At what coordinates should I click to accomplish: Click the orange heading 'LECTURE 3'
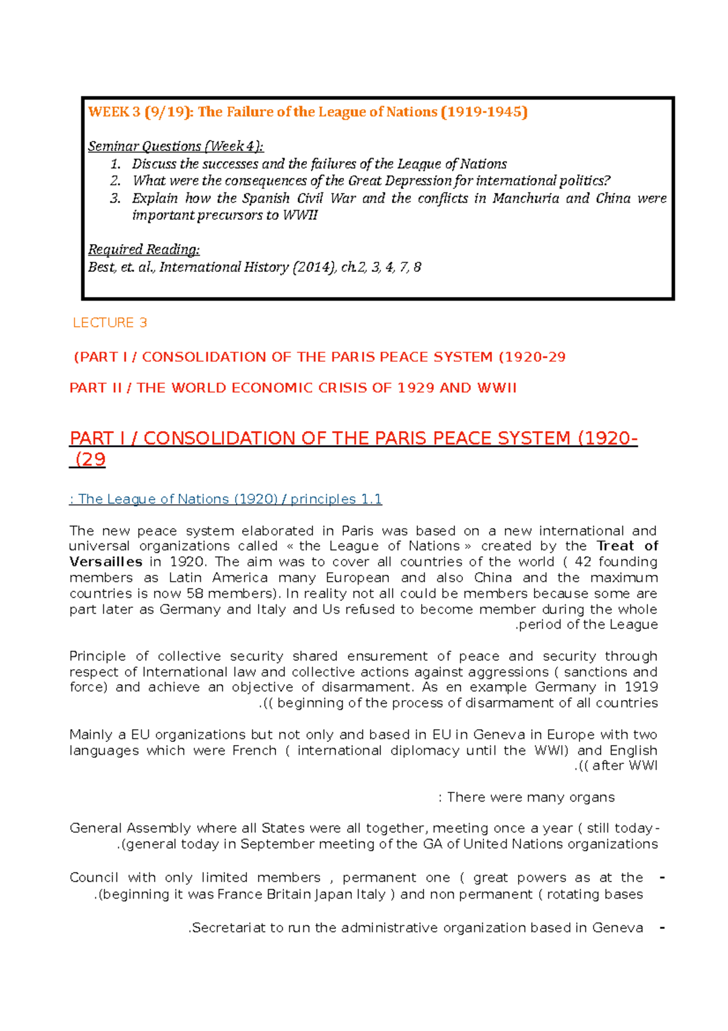coord(110,323)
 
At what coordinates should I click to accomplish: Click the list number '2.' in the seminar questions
coord(115,181)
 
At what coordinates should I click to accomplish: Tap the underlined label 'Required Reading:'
coord(144,250)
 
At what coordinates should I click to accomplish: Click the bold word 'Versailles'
coord(106,562)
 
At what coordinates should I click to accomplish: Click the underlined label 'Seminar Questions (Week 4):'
coord(176,146)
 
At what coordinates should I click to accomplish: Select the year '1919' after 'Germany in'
coord(641,687)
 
